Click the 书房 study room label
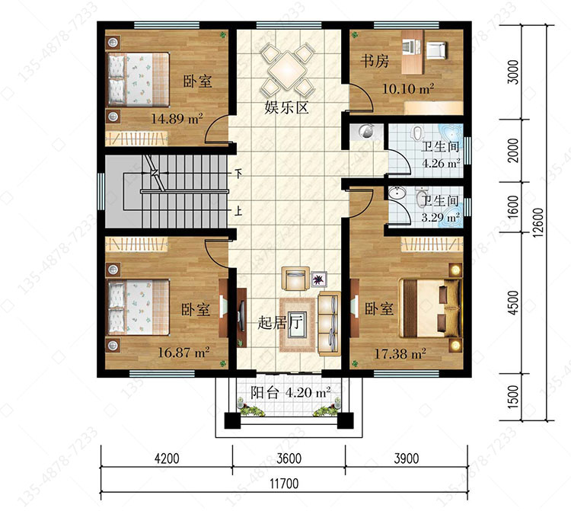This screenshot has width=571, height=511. click(375, 61)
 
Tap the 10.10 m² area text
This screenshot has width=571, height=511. click(408, 88)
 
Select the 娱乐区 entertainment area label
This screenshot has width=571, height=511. click(286, 107)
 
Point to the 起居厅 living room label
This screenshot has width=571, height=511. click(280, 322)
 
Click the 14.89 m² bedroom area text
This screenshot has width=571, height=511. click(177, 118)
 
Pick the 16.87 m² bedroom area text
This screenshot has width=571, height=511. click(183, 352)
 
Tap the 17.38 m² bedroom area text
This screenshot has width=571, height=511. click(400, 353)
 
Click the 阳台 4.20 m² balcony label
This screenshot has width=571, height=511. click(291, 393)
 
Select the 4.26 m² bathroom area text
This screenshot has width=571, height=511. click(441, 163)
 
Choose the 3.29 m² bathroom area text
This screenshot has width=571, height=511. click(441, 218)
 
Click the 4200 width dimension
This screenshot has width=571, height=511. click(167, 458)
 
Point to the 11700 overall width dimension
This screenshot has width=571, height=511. click(284, 484)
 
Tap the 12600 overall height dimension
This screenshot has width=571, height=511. click(538, 222)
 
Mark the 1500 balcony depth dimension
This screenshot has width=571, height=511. click(512, 397)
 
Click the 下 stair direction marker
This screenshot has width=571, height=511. click(238, 174)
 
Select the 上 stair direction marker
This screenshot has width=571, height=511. click(238, 210)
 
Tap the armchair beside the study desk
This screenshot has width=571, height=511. click(436, 50)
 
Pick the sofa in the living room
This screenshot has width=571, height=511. click(330, 324)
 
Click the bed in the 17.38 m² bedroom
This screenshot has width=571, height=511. click(430, 308)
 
